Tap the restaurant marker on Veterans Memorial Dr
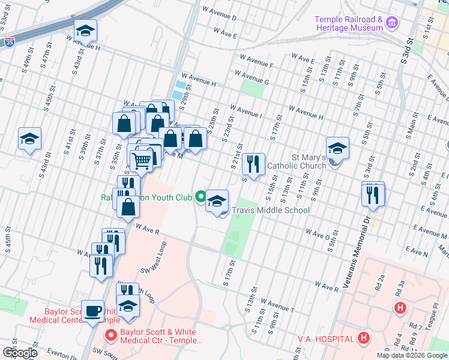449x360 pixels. click(x=373, y=194)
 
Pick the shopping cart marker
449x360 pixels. click(x=141, y=159)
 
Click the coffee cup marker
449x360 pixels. click(x=92, y=311)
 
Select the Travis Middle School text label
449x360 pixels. click(x=271, y=210)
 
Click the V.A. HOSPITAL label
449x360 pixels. click(x=326, y=339)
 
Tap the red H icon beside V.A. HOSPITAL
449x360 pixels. click(x=363, y=338)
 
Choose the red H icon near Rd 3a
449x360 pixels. click(x=400, y=308)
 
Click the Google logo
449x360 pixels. click(x=20, y=352)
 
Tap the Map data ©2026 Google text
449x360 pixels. click(x=411, y=355)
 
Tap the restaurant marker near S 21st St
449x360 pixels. click(x=254, y=163)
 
